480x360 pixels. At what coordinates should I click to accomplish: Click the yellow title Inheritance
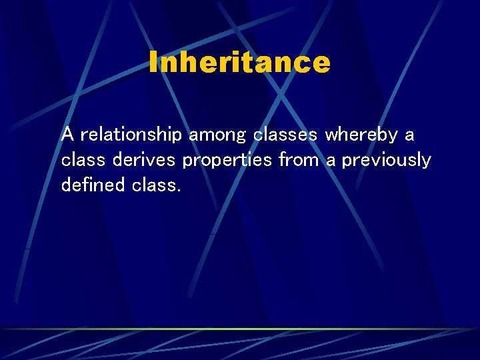click(239, 63)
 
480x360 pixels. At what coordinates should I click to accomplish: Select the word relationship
click(131, 135)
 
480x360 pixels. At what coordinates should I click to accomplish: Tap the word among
click(218, 135)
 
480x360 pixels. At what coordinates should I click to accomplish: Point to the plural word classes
click(285, 135)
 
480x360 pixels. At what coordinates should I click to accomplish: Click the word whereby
click(361, 135)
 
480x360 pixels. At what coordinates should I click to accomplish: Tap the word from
click(299, 161)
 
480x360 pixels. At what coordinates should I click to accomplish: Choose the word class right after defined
click(154, 185)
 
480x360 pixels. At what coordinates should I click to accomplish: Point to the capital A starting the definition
click(67, 135)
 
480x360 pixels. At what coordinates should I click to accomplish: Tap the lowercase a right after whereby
click(409, 136)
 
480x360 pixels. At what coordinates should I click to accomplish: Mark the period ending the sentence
click(179, 190)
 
